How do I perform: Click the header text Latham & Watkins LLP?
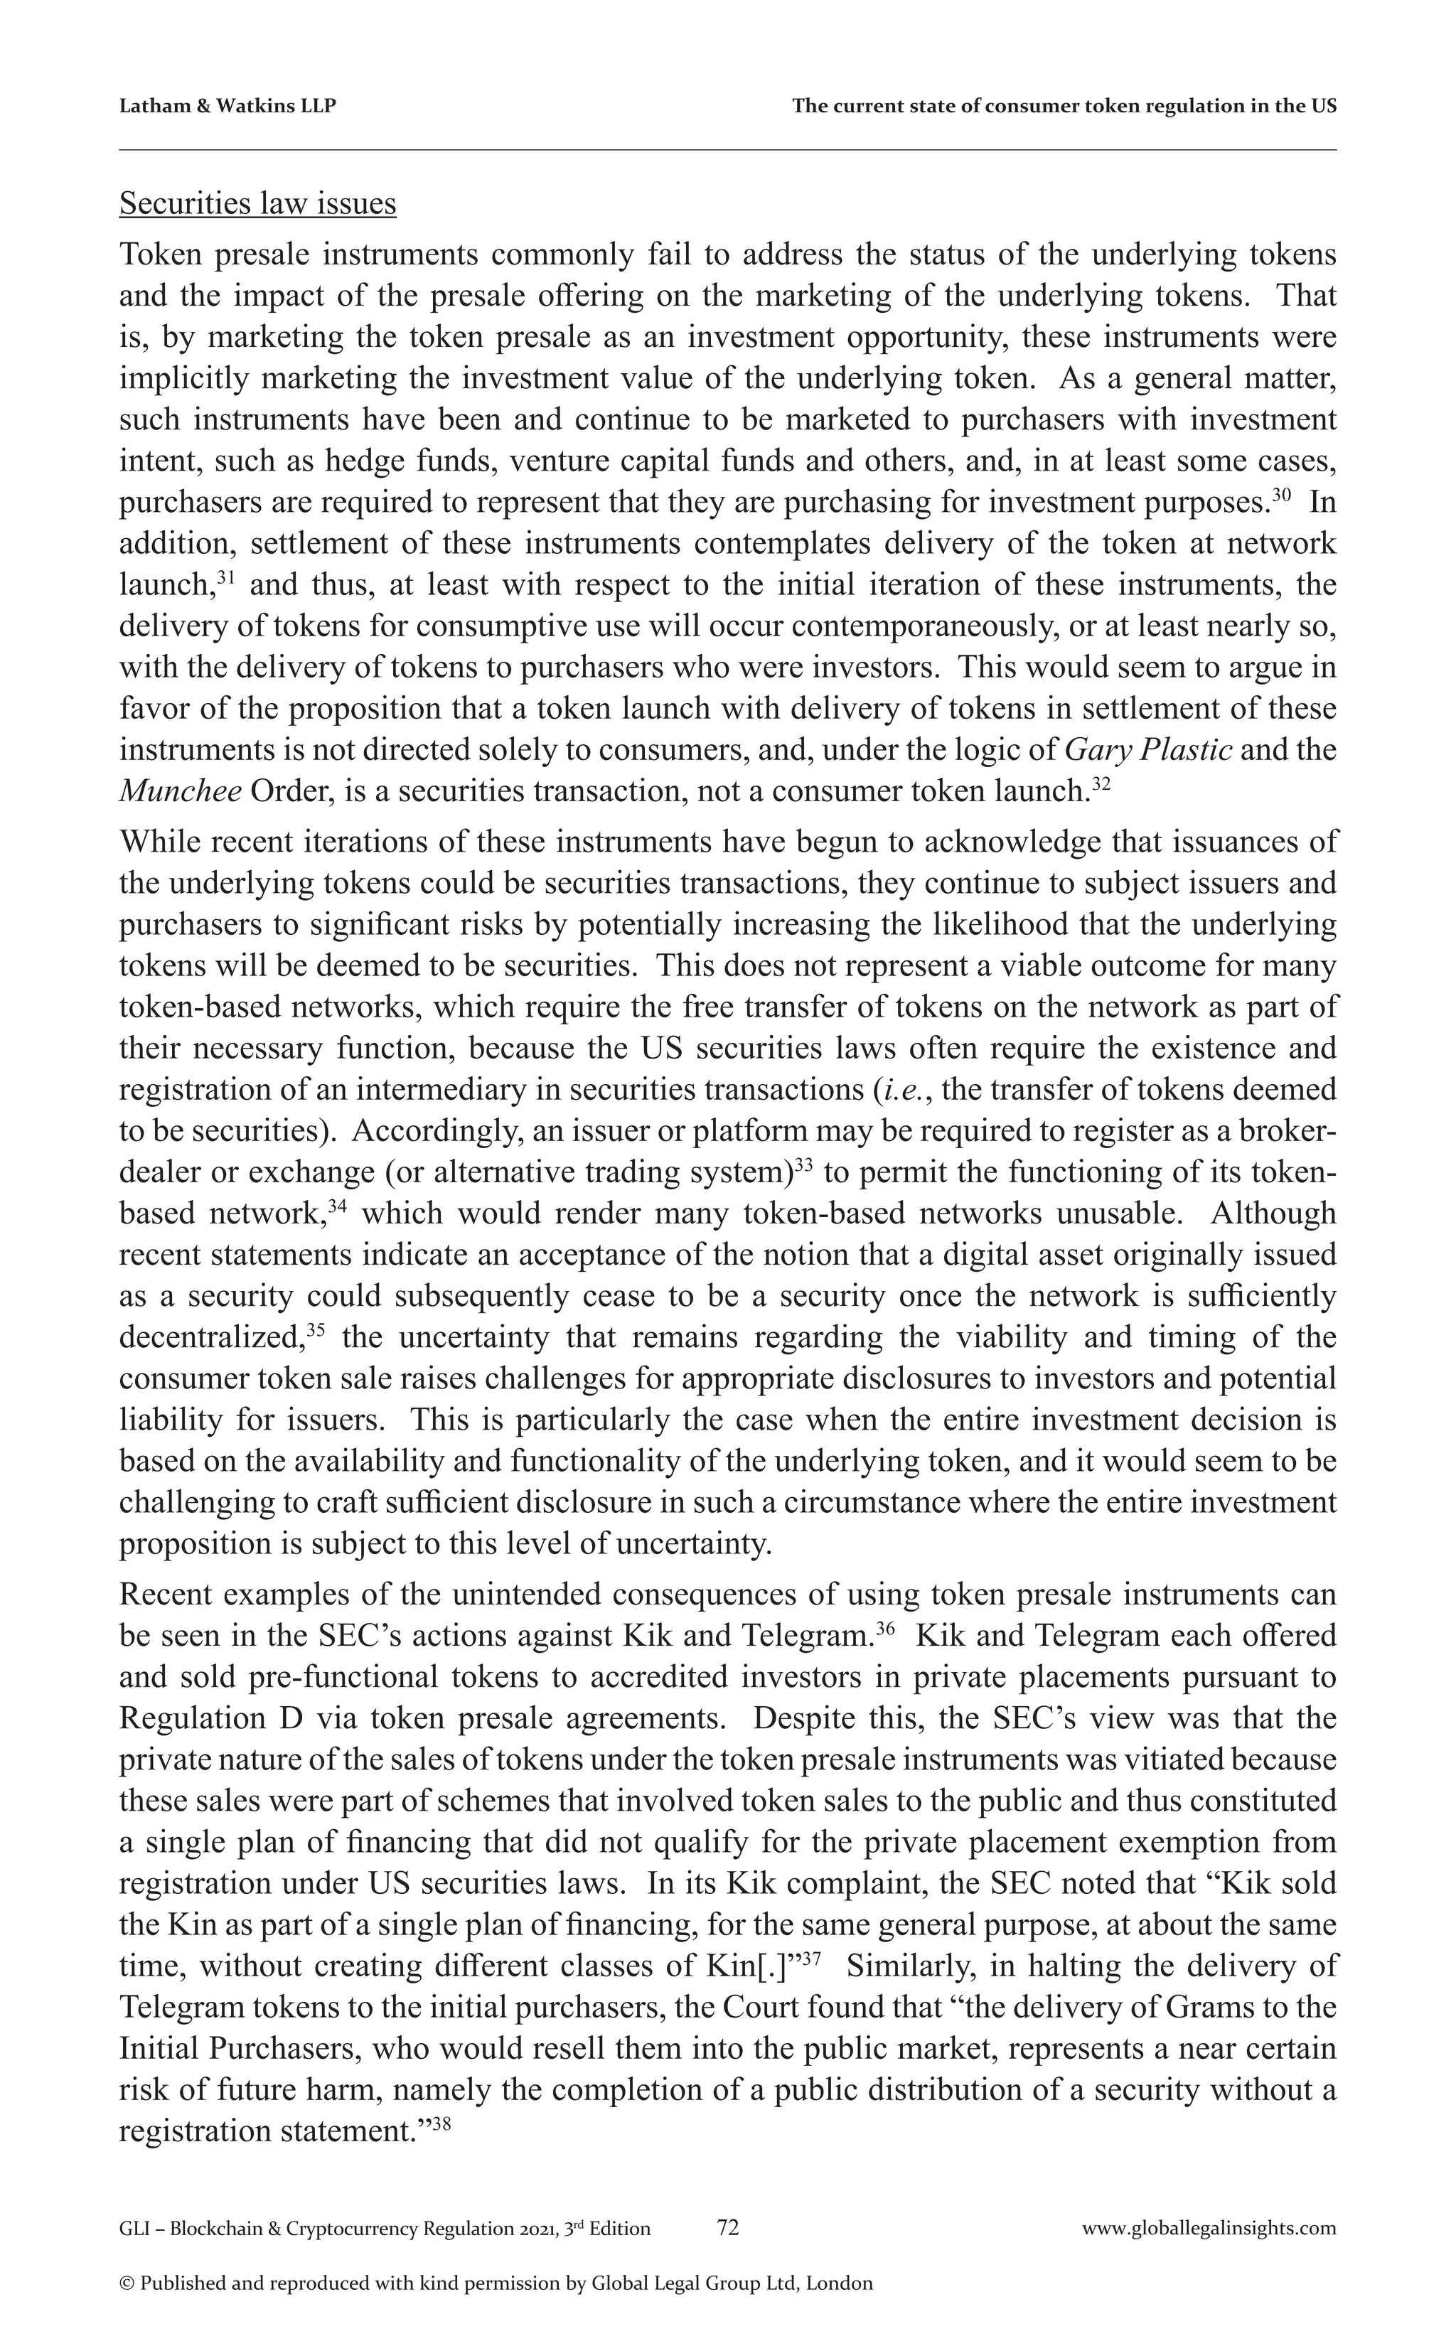227,106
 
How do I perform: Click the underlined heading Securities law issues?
257,203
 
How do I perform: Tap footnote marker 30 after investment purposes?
1280,495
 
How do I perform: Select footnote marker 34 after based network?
336,1206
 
